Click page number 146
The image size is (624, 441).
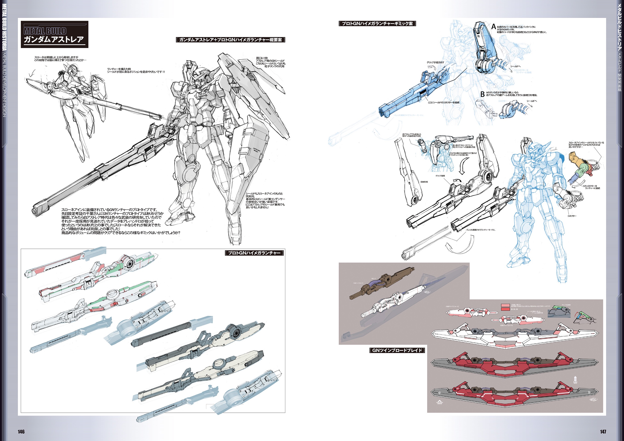coord(21,432)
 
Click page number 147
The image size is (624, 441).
coord(603,432)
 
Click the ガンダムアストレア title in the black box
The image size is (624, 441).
coord(54,40)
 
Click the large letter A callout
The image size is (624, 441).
coord(494,27)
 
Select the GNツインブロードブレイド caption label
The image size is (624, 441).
coord(397,350)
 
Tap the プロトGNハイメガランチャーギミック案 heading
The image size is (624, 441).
coord(377,24)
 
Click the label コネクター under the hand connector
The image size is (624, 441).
coord(572,216)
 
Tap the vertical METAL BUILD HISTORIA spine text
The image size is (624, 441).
coord(4,27)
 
